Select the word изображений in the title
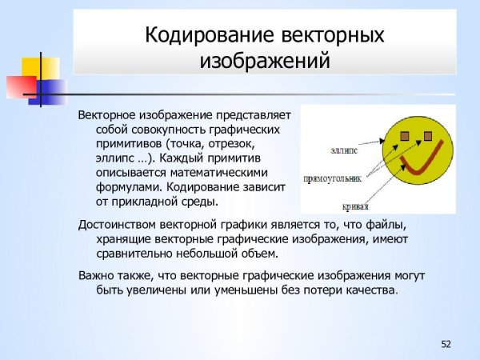(x=264, y=60)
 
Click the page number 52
(x=446, y=344)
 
